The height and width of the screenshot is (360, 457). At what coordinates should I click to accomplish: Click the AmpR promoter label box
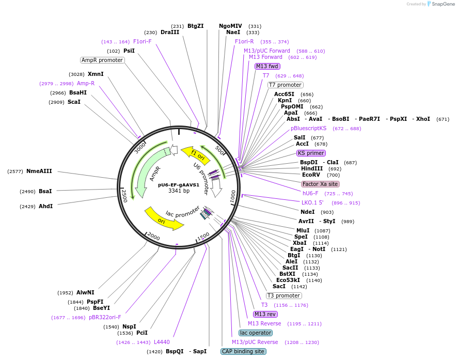103,60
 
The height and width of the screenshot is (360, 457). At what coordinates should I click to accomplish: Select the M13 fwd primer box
267,66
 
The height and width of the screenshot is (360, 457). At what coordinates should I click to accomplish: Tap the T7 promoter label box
285,85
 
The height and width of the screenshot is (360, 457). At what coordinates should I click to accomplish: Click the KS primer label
311,153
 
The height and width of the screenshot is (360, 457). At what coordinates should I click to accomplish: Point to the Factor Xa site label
320,184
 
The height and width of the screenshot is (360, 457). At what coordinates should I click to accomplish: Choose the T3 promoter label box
283,295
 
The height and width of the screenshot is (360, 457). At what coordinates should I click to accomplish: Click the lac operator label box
256,333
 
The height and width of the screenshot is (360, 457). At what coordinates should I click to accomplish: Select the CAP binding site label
243,351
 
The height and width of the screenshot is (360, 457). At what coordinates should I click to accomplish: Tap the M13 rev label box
265,314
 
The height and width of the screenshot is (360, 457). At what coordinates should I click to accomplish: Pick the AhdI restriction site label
46,206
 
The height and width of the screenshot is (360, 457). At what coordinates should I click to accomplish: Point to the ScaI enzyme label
74,102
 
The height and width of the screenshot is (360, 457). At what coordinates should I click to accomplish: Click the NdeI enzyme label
307,212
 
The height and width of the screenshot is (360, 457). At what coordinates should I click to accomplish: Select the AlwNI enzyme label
85,292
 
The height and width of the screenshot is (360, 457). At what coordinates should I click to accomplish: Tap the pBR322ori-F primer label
105,317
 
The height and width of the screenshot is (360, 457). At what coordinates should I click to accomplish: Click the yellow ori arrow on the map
163,219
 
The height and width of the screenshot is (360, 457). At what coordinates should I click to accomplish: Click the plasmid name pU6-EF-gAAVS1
179,184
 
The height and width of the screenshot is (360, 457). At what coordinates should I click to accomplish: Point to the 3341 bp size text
179,191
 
